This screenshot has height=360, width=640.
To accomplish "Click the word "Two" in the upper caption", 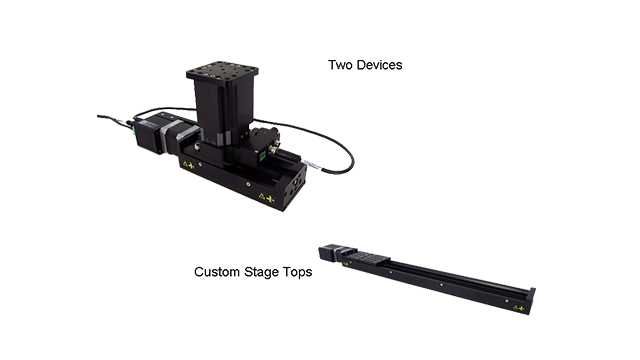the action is (341, 65).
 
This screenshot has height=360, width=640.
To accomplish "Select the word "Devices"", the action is (380, 65).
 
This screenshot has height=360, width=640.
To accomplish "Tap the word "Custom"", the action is (217, 272).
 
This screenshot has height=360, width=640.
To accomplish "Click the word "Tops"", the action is (297, 272).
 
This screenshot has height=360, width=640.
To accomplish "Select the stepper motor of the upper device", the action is (153, 133).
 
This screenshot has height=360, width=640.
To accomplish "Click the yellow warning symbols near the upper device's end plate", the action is (266, 198).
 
